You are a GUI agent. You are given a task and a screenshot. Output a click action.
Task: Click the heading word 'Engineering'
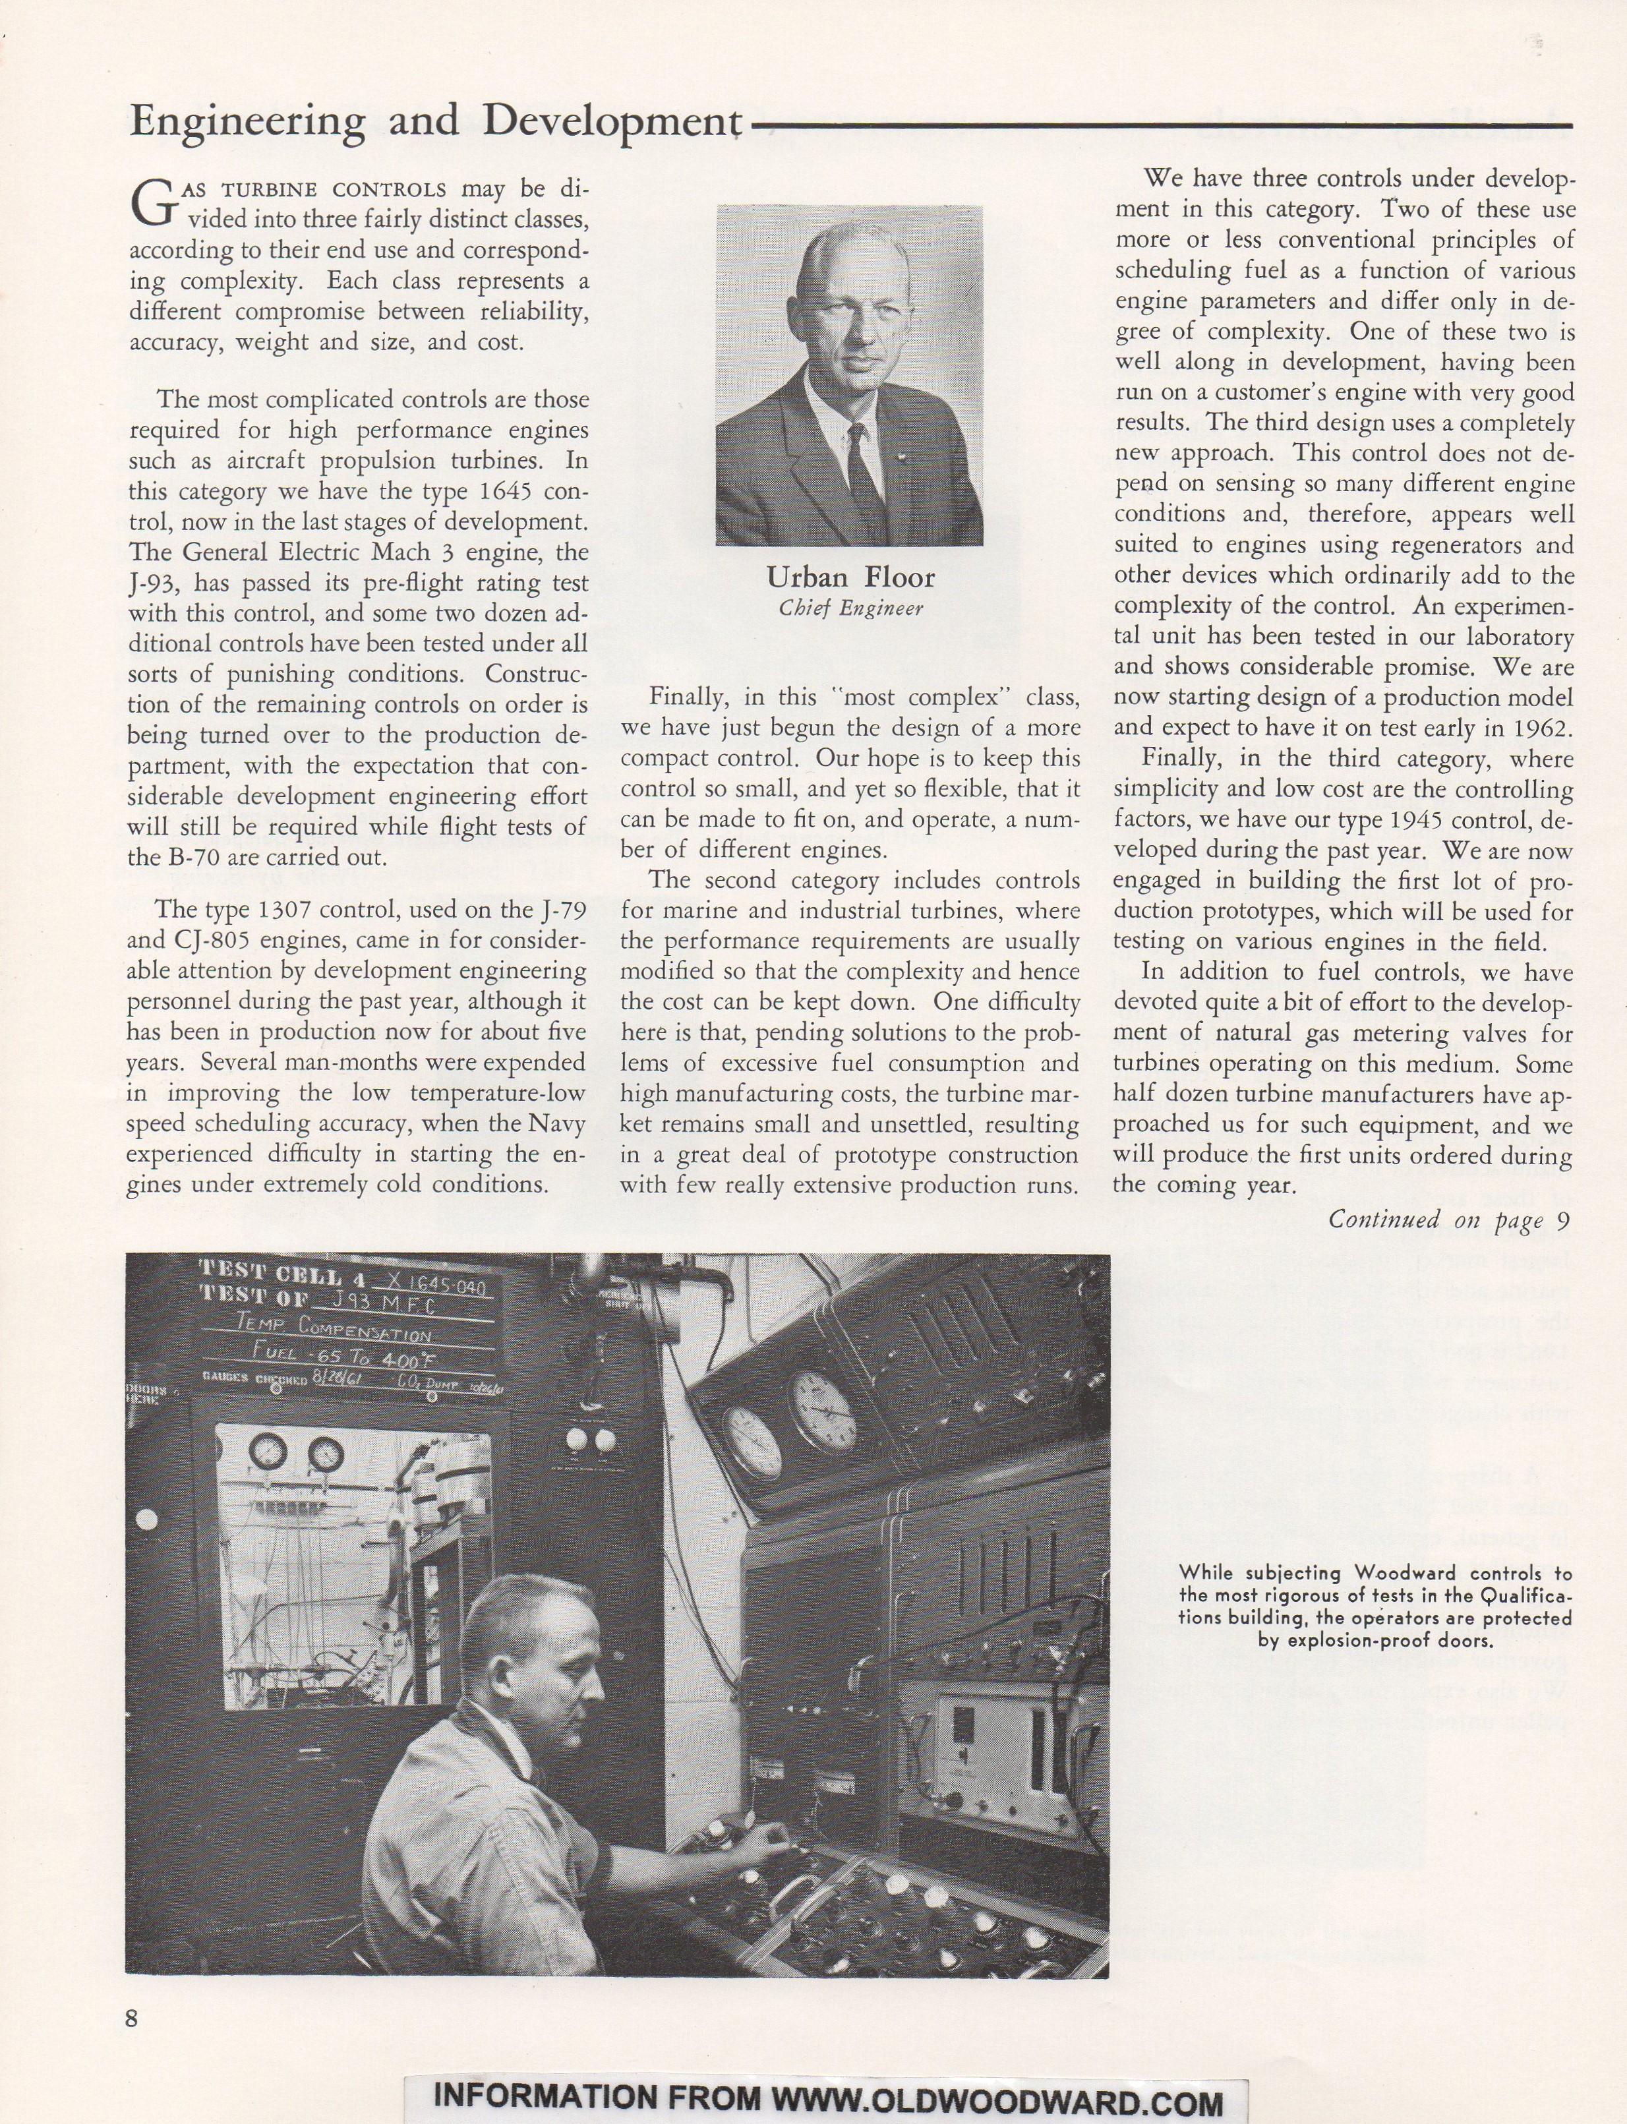[x=247, y=121]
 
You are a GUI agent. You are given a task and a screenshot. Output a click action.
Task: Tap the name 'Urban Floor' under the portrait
[x=850, y=578]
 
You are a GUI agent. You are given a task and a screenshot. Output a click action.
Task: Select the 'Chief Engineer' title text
[x=850, y=608]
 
